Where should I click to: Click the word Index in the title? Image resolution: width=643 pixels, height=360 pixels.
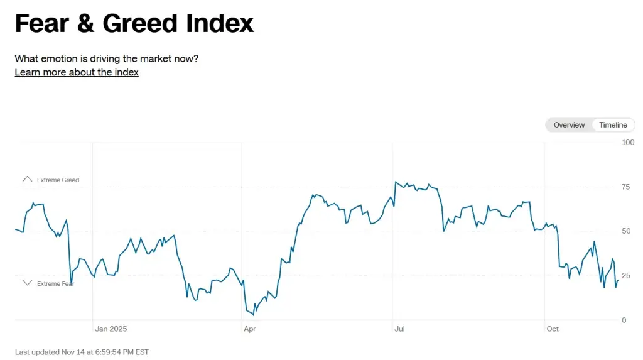[220, 23]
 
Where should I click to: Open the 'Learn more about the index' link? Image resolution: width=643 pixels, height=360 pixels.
[77, 72]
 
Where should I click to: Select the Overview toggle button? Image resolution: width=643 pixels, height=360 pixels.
[569, 125]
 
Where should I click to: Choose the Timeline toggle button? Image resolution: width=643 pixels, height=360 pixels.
[613, 125]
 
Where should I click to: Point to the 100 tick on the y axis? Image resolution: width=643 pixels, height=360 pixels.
[628, 143]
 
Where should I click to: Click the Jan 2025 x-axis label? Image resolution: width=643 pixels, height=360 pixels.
[111, 329]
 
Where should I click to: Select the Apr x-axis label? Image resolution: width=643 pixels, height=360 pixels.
[250, 329]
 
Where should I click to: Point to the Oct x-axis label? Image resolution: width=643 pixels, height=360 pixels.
[553, 329]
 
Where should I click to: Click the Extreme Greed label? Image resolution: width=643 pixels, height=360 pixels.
[58, 180]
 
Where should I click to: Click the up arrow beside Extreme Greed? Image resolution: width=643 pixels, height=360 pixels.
[27, 180]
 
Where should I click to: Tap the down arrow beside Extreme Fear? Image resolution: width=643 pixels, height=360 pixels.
[27, 283]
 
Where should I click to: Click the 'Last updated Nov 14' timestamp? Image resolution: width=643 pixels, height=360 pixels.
[82, 352]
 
